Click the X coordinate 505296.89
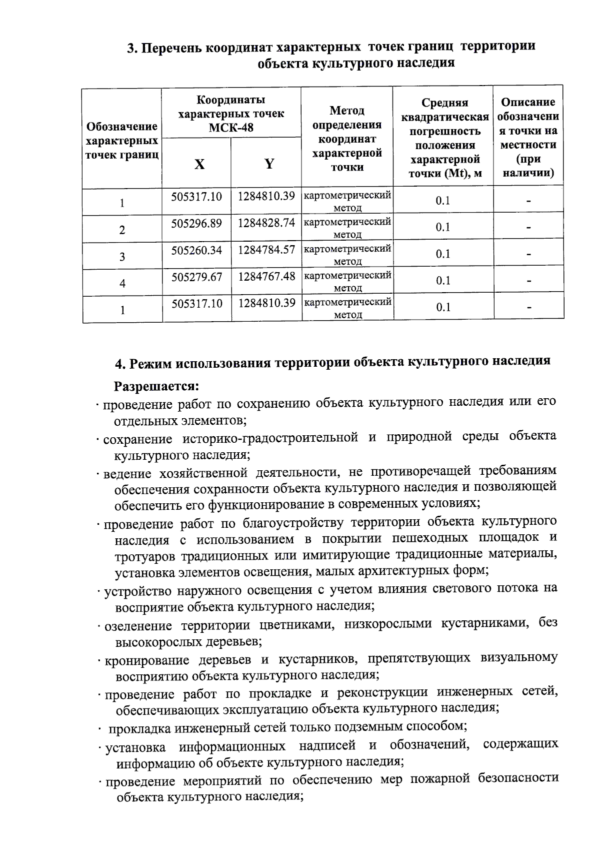point(196,223)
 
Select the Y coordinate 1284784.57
point(266,250)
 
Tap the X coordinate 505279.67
point(196,277)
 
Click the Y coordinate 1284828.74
point(266,223)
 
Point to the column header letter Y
point(269,164)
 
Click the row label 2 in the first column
point(122,230)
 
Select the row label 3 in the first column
point(122,257)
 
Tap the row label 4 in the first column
point(122,284)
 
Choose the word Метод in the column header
point(347,111)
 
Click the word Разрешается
point(156,387)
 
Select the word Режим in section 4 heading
point(150,364)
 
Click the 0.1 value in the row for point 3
point(443,254)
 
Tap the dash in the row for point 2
point(528,228)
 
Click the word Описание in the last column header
point(528,103)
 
